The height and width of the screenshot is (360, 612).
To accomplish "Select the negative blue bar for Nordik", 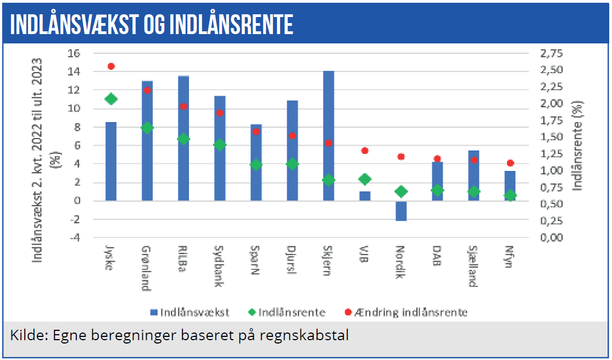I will (x=401, y=211).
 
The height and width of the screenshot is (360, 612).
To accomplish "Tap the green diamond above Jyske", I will (x=111, y=99).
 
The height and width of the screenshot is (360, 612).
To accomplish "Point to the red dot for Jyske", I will (x=111, y=66).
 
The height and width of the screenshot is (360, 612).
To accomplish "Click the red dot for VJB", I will (x=365, y=151).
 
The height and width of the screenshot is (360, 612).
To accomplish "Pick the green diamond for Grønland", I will (x=147, y=128).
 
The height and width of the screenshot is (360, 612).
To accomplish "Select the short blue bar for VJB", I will (x=365, y=196).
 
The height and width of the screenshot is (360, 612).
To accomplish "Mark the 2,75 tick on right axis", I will (x=552, y=53).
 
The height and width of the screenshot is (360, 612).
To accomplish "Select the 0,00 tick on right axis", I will (x=552, y=238).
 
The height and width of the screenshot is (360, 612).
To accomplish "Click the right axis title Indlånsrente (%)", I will (x=577, y=146).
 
